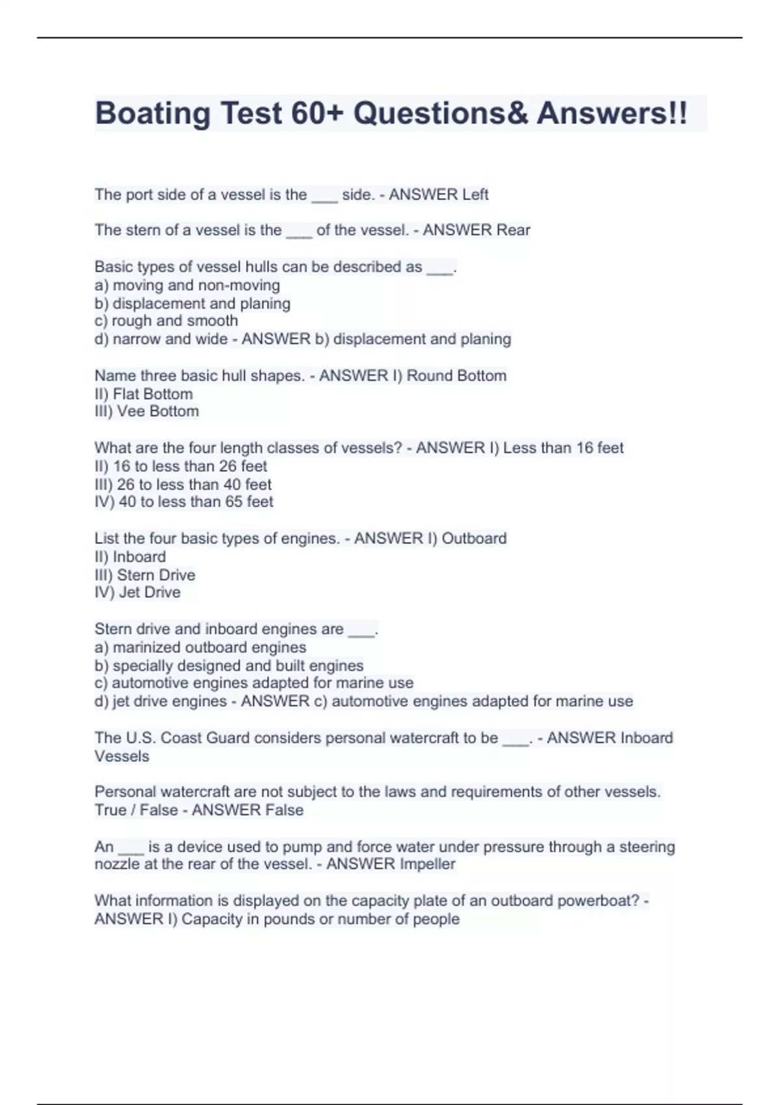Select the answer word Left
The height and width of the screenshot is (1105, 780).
[x=475, y=194]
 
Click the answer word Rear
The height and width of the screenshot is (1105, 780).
[x=513, y=230]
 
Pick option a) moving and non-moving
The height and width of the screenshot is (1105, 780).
[x=187, y=285]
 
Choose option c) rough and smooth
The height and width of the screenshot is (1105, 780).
[x=166, y=321]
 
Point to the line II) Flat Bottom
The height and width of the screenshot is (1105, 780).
[x=144, y=394]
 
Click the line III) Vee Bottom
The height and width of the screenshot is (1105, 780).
[x=147, y=411]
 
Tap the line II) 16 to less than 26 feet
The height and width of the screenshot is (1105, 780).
[x=181, y=466]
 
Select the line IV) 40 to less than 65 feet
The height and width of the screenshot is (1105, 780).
[x=184, y=502]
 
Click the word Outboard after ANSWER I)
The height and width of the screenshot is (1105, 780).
[x=474, y=538]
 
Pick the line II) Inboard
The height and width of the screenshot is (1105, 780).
[x=130, y=557]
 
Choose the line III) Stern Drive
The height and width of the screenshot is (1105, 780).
[x=145, y=575]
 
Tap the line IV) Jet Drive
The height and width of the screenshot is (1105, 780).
[x=138, y=592]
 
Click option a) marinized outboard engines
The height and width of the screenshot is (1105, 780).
[x=200, y=647]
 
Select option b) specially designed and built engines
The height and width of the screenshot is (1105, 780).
[x=229, y=666]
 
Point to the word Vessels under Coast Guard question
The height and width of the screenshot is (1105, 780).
[x=122, y=756]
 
